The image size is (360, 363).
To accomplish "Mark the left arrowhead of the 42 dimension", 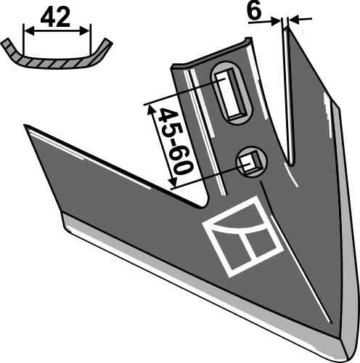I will (27, 30).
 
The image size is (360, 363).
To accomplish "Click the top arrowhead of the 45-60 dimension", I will (150, 107).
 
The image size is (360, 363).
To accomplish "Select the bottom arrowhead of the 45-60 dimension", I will (173, 186).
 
